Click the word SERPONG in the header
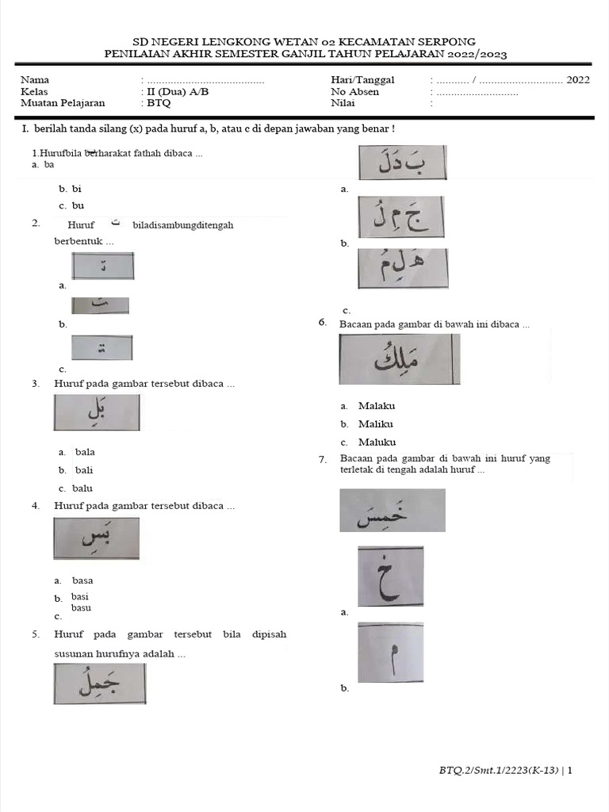449,41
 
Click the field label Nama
35,80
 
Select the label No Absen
354,91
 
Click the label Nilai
343,102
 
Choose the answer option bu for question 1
78,205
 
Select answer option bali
84,470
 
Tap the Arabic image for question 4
97,538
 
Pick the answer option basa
82,580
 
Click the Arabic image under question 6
399,359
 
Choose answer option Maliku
375,424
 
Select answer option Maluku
377,442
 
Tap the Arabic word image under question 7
393,510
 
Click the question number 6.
323,322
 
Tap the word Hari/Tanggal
362,80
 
